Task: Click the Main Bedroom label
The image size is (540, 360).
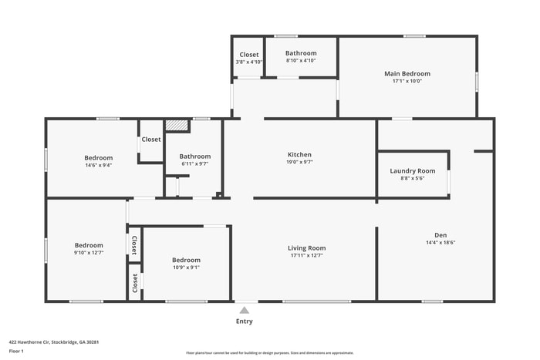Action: (407, 74)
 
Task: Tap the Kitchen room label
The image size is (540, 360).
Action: (299, 155)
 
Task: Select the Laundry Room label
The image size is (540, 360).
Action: (413, 170)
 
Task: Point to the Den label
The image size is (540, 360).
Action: (440, 235)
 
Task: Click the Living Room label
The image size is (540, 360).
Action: (307, 248)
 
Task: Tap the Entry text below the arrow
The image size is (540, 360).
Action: (244, 321)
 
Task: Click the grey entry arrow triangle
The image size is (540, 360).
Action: (244, 310)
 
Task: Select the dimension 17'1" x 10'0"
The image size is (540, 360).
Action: (407, 82)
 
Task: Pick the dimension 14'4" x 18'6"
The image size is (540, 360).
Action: (440, 243)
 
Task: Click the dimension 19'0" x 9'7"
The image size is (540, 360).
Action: (299, 163)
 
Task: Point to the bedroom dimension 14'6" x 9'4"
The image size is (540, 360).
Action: (99, 165)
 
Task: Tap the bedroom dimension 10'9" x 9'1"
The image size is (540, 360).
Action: (186, 267)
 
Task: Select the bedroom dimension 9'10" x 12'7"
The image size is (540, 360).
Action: (89, 253)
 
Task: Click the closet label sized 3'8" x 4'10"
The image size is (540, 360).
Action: (249, 55)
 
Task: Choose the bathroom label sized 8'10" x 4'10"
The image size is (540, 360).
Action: (301, 53)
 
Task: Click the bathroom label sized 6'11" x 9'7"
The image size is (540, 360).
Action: (195, 156)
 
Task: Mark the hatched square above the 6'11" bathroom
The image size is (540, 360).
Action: (177, 126)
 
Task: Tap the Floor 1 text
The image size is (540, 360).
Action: (17, 351)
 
